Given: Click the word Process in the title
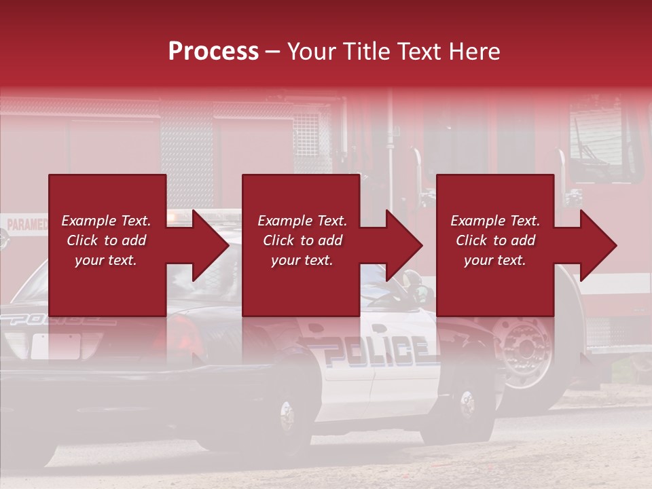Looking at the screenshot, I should (213, 52).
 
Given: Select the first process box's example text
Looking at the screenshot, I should (106, 240).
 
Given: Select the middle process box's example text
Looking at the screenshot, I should (302, 240).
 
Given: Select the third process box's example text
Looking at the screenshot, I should (494, 240).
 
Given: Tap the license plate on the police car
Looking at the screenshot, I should (56, 346).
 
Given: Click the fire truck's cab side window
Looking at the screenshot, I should (598, 136).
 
